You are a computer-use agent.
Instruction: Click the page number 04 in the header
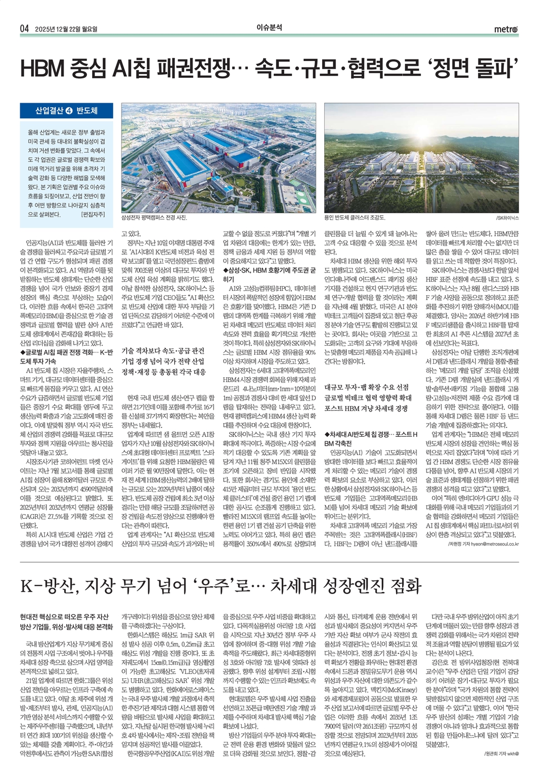[24, 28]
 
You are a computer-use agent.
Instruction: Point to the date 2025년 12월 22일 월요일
[66, 28]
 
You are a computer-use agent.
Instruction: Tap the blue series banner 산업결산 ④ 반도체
[66, 111]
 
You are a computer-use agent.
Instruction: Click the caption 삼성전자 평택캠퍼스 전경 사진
[154, 217]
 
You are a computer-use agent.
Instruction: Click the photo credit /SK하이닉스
[507, 217]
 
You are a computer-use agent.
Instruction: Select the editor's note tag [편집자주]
[93, 215]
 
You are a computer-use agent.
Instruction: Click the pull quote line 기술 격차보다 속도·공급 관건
[163, 350]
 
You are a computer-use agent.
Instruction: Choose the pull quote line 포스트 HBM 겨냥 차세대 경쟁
[366, 408]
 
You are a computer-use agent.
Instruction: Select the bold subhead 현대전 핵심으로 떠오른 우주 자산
[64, 616]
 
